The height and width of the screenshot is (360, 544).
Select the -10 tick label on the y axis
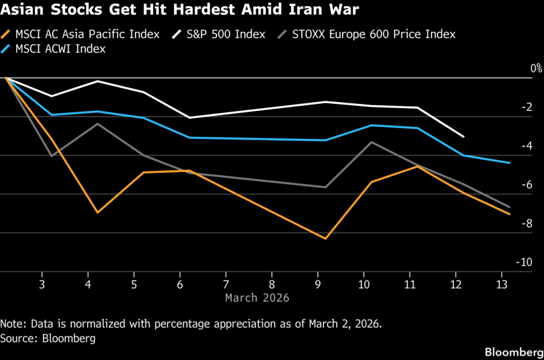click(x=524, y=262)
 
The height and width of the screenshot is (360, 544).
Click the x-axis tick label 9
click(x=318, y=284)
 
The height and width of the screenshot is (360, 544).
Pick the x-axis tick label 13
click(x=501, y=284)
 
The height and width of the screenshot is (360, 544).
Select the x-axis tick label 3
click(x=42, y=284)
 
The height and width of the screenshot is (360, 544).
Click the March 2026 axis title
click(x=257, y=298)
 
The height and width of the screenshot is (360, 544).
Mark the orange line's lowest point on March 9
click(x=326, y=239)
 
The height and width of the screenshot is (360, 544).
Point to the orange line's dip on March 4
click(x=97, y=213)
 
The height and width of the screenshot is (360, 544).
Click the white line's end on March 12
click(x=464, y=137)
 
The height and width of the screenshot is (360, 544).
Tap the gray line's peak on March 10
click(x=372, y=142)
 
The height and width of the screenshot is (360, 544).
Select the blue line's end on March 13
click(x=510, y=162)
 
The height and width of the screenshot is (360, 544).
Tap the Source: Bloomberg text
click(x=48, y=338)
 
